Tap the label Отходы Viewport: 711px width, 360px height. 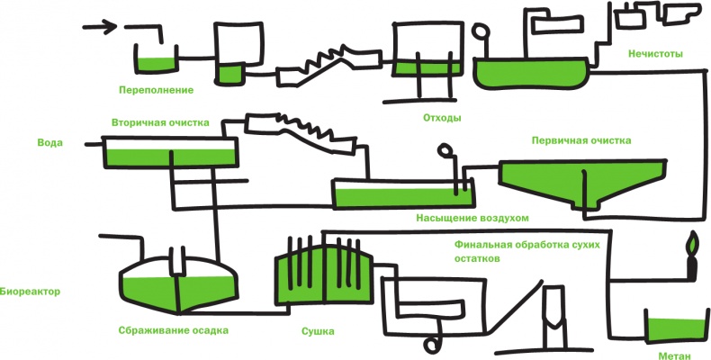(442, 118)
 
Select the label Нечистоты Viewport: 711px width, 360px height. (656, 54)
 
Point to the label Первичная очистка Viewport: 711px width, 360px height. (581, 140)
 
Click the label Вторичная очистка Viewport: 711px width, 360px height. (160, 121)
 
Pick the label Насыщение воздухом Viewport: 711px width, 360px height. (472, 218)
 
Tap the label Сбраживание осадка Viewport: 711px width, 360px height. (173, 329)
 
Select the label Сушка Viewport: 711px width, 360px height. (318, 331)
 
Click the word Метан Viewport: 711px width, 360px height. (674, 355)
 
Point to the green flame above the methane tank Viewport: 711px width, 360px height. (691, 245)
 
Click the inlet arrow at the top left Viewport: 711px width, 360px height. (100, 27)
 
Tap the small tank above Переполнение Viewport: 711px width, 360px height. (154, 60)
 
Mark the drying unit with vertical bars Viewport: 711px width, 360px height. (322, 274)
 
